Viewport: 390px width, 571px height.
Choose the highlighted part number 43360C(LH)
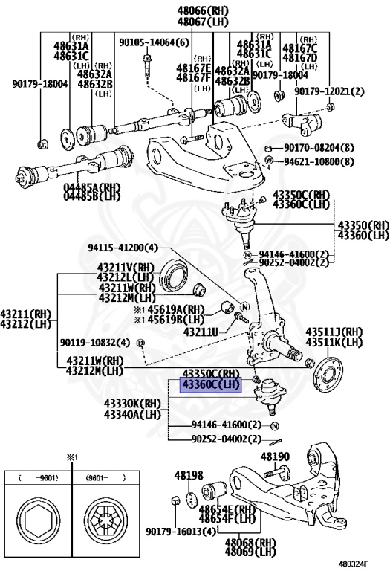coord(211,384)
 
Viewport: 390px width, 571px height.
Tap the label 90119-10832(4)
coord(95,342)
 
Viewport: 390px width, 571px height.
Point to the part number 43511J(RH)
coord(334,332)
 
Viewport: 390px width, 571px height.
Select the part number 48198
coord(189,474)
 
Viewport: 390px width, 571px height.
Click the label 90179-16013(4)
coord(181,531)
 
